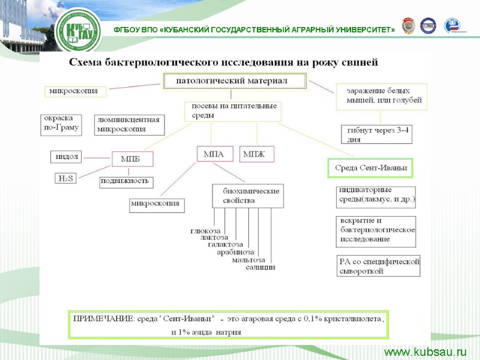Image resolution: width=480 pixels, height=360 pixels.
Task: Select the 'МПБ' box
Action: click(131, 159)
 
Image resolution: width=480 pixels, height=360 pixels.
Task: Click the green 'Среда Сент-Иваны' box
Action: click(371, 168)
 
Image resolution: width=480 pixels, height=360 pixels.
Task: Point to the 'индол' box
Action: click(67, 157)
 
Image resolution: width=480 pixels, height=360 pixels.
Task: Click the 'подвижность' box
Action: click(126, 182)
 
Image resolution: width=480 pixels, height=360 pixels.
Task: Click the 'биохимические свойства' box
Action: click(248, 196)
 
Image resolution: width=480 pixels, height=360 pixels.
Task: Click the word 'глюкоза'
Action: click(206, 231)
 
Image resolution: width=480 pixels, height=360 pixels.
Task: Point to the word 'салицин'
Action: click(261, 267)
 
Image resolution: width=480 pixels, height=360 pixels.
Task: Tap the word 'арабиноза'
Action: click(235, 252)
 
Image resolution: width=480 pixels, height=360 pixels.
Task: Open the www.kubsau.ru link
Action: click(425, 351)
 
